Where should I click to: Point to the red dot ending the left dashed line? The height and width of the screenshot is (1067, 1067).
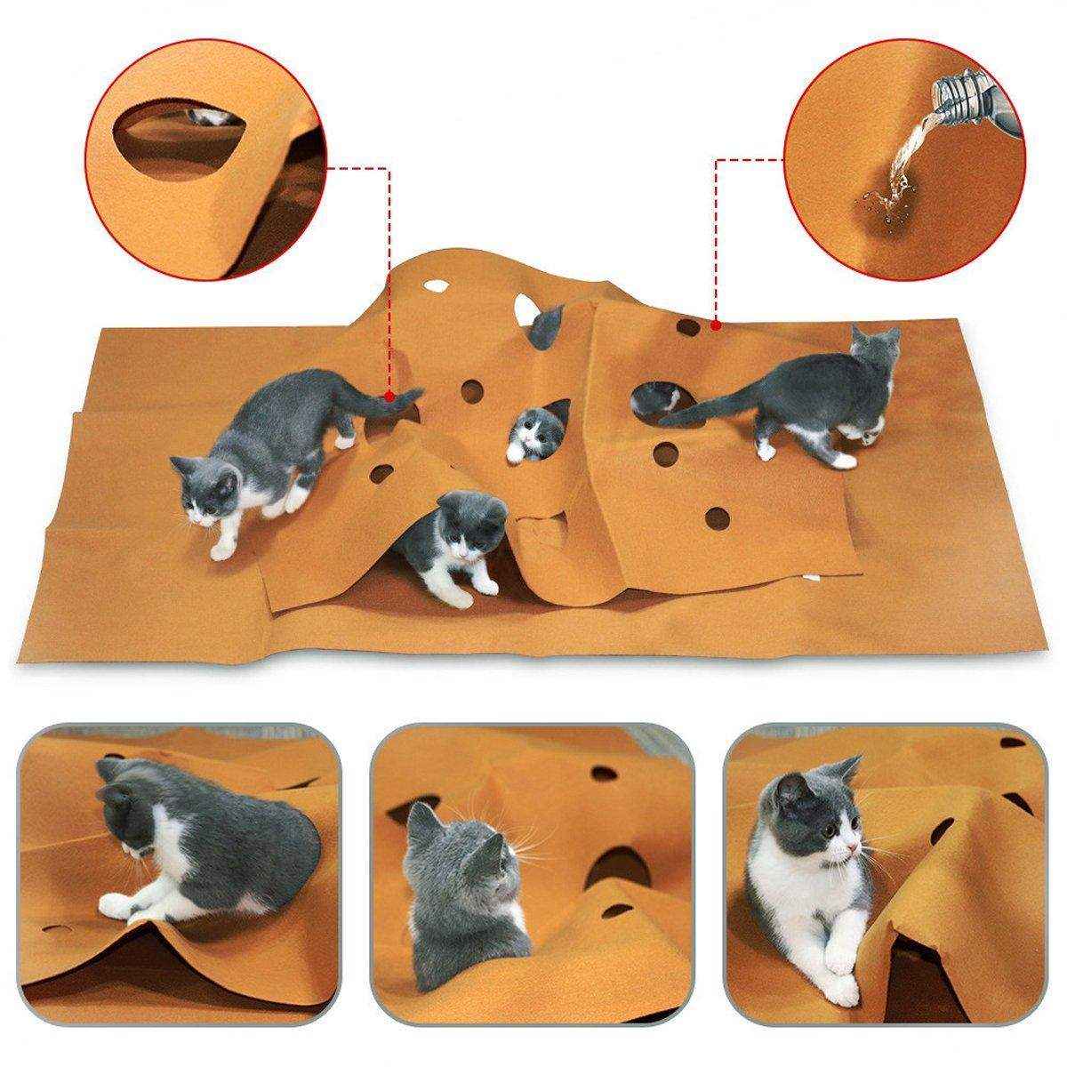(x=389, y=394)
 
